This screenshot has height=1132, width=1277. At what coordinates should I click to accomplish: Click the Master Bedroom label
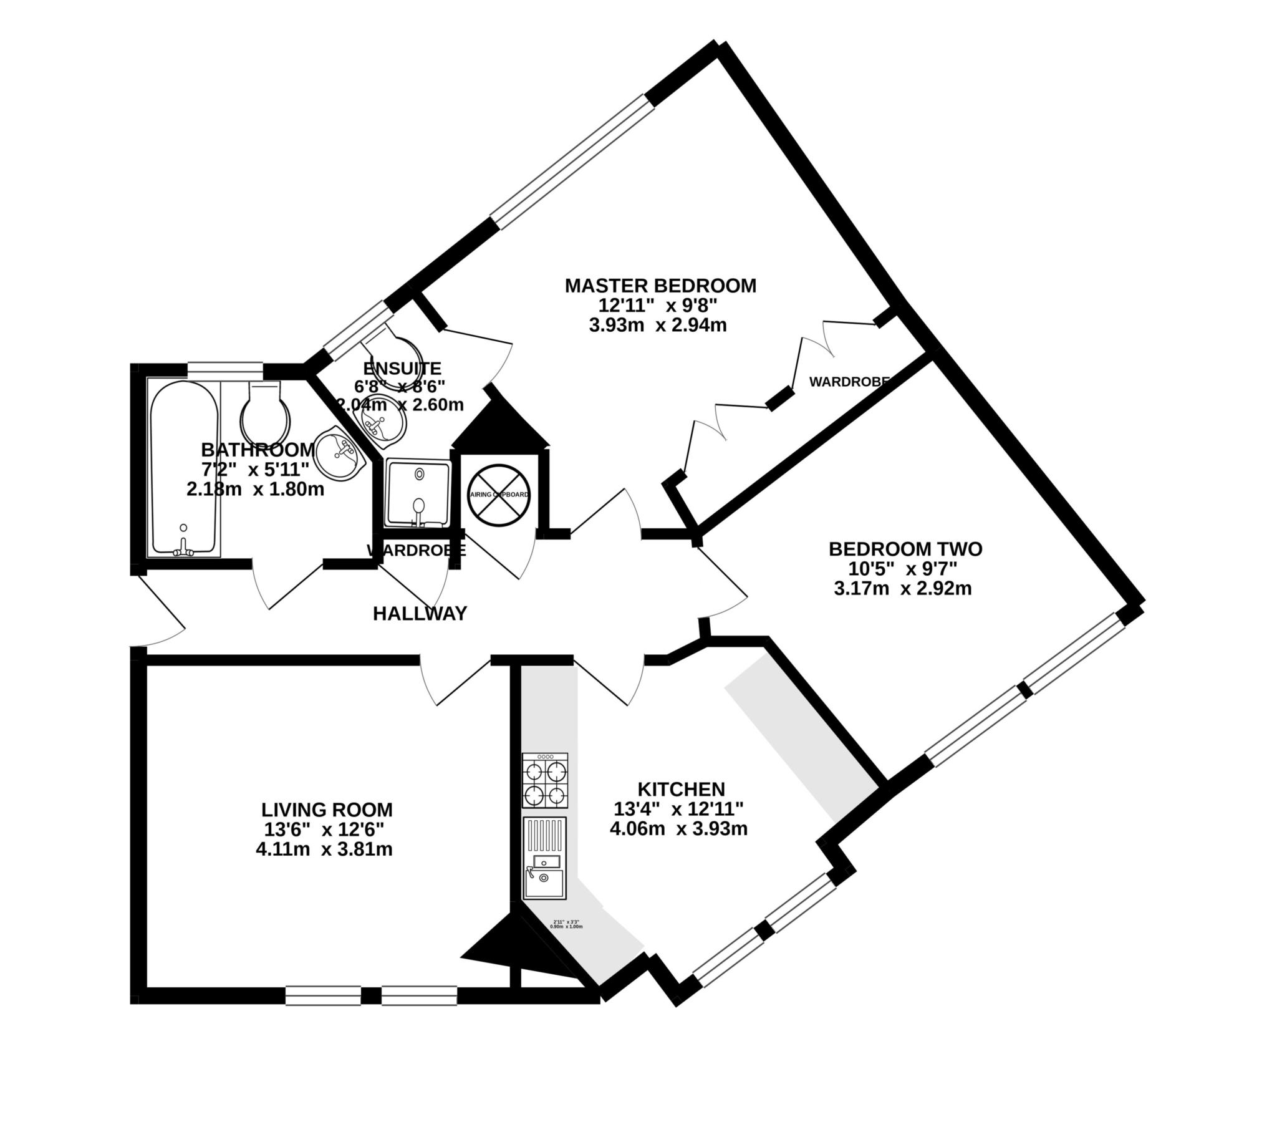click(x=660, y=286)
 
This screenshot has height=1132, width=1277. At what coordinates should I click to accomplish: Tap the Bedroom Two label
click(x=905, y=549)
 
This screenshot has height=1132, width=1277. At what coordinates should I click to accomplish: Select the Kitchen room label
click(x=681, y=789)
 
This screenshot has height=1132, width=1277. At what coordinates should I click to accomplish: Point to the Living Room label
click(x=327, y=810)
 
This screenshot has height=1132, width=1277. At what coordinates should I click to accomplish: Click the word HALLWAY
click(x=420, y=614)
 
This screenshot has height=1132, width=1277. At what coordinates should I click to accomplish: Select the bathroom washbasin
click(x=339, y=454)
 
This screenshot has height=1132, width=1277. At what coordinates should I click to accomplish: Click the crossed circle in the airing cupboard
click(x=499, y=495)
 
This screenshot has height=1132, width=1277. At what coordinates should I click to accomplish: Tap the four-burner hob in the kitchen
click(x=546, y=781)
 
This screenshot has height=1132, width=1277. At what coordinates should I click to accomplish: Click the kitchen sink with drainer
click(x=545, y=858)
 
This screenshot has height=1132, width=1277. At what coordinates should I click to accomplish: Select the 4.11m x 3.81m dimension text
click(x=324, y=849)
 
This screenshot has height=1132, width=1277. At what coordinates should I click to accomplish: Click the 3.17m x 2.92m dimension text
click(x=903, y=588)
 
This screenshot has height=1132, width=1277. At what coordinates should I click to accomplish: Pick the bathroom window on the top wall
click(x=226, y=370)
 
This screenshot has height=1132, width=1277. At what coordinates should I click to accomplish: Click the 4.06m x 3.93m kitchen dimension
click(x=678, y=829)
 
